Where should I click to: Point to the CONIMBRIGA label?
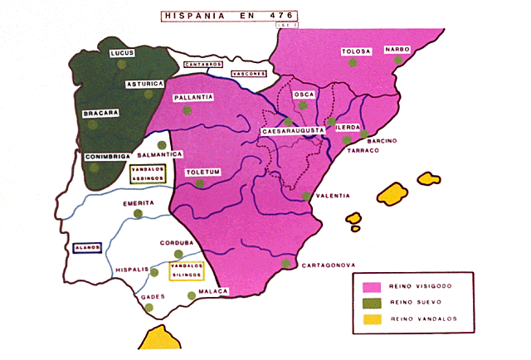[x=106, y=156]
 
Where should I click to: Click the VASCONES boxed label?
[x=249, y=73]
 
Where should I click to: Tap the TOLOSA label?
[x=355, y=52]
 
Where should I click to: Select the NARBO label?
[x=397, y=49]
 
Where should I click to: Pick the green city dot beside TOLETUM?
[x=199, y=183]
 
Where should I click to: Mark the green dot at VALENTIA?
[x=307, y=197]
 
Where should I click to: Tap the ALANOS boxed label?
[x=87, y=247]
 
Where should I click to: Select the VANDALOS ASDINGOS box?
[x=148, y=174]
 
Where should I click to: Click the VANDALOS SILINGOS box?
[x=186, y=270]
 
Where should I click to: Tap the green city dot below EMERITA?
[x=138, y=214]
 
